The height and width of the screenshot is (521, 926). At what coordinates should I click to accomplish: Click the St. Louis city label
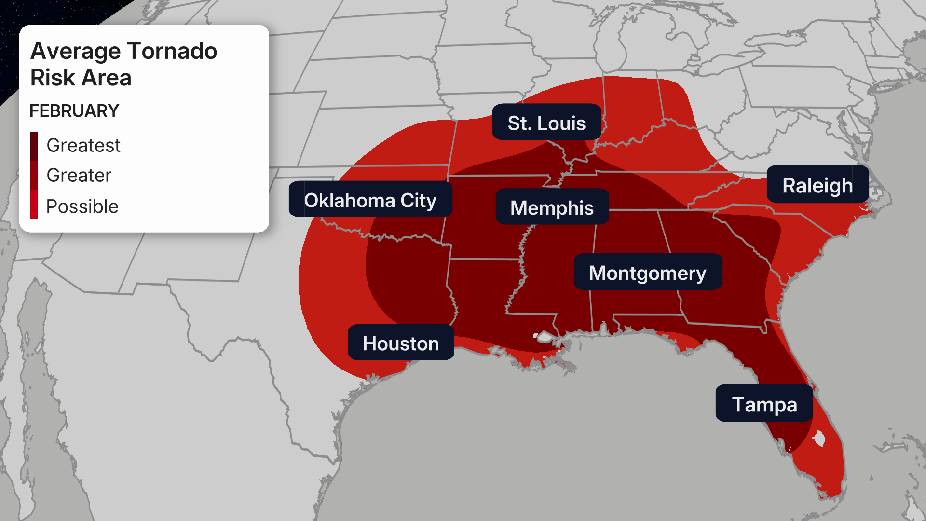pos(546,123)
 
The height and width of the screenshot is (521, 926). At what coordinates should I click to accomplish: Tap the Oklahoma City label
pos(370,200)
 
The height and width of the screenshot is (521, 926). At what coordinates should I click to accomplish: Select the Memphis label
pos(552,207)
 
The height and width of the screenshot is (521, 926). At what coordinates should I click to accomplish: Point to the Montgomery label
pos(647,273)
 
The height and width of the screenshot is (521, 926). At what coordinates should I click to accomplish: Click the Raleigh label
pos(817,185)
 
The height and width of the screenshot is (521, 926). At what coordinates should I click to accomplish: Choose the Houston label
pos(401,343)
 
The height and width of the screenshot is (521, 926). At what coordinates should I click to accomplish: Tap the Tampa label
pos(764,404)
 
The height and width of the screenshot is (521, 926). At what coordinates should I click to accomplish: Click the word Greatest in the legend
pos(83,145)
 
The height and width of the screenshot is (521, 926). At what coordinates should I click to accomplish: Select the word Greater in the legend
pos(79,175)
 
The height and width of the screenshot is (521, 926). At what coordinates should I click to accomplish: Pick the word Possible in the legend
pos(82,206)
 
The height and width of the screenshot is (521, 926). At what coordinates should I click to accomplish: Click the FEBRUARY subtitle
pos(74,110)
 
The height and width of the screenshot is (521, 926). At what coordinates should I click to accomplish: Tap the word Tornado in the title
pos(173,51)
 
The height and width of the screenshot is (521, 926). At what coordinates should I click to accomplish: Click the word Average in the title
pos(75,51)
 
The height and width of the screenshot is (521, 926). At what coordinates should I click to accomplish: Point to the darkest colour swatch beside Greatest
pos(34,145)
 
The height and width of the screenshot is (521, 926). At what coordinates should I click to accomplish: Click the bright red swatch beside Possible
pos(34,205)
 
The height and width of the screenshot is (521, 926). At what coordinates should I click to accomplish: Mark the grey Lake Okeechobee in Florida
pos(818,439)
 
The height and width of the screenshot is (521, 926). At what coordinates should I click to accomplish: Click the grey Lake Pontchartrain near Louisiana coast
pos(545,336)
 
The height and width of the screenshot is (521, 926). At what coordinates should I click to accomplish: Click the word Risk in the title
pos(52,78)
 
